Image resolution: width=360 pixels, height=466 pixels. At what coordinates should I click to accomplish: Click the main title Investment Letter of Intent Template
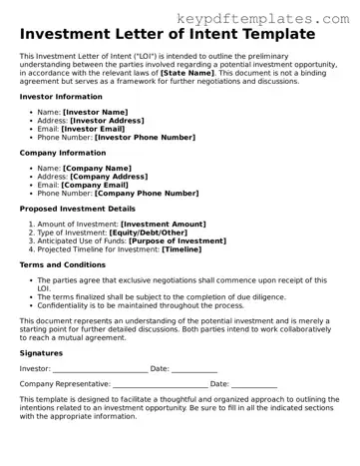click(x=167, y=35)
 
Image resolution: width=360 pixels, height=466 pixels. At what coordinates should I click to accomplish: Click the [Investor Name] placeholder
click(x=96, y=112)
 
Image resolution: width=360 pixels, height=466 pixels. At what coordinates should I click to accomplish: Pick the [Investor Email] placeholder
click(x=93, y=129)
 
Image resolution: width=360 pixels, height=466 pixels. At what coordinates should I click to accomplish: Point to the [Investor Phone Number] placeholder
click(x=145, y=137)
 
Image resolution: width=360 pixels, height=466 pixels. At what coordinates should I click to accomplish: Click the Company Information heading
click(x=63, y=153)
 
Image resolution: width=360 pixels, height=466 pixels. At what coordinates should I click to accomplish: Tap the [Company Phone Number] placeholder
click(x=148, y=193)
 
